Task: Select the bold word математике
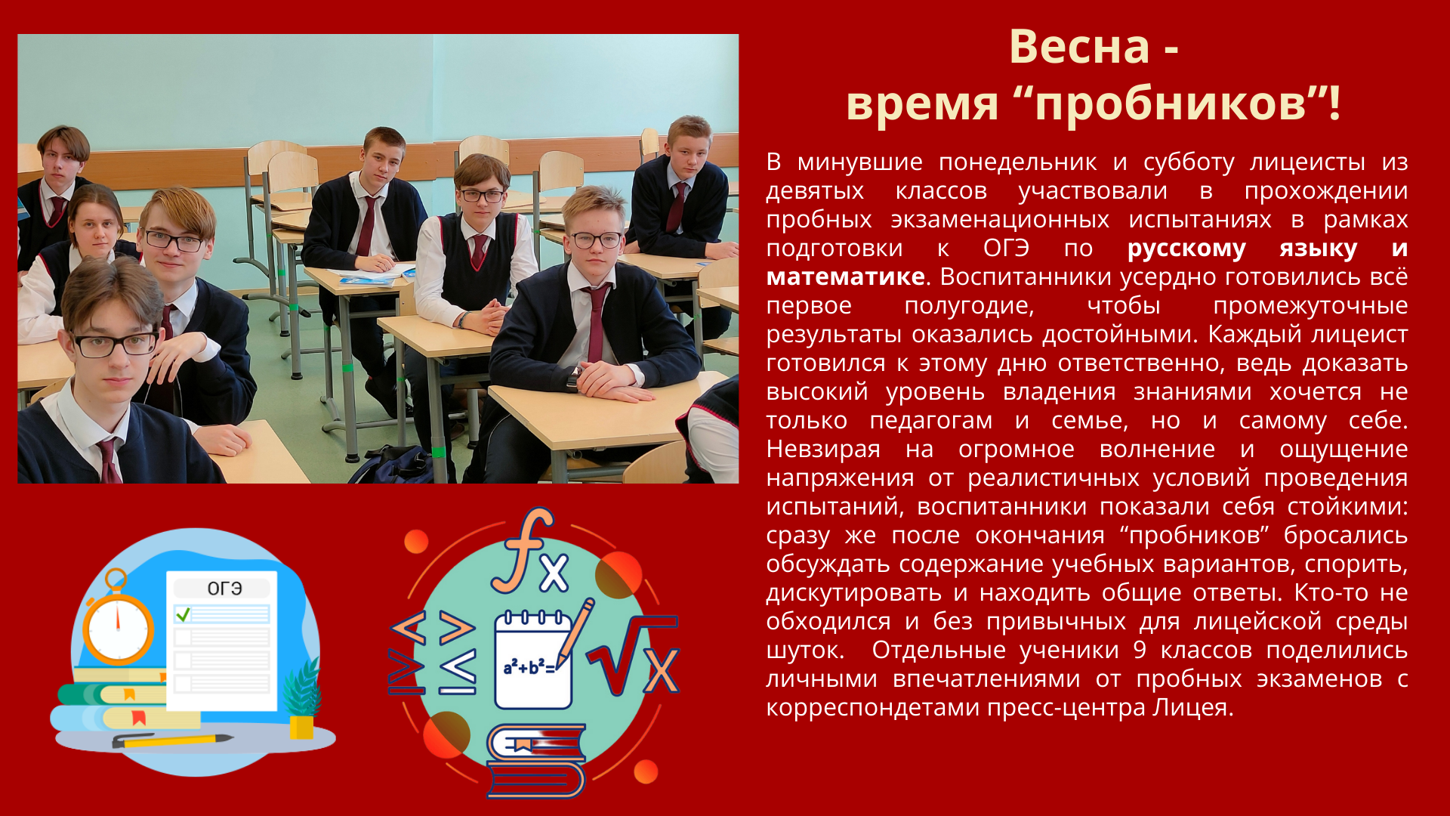845,277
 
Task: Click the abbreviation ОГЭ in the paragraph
1006,248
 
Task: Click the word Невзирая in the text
823,450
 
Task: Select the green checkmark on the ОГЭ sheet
183,614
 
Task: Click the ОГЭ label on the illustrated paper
224,589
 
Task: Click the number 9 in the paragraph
1140,651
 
